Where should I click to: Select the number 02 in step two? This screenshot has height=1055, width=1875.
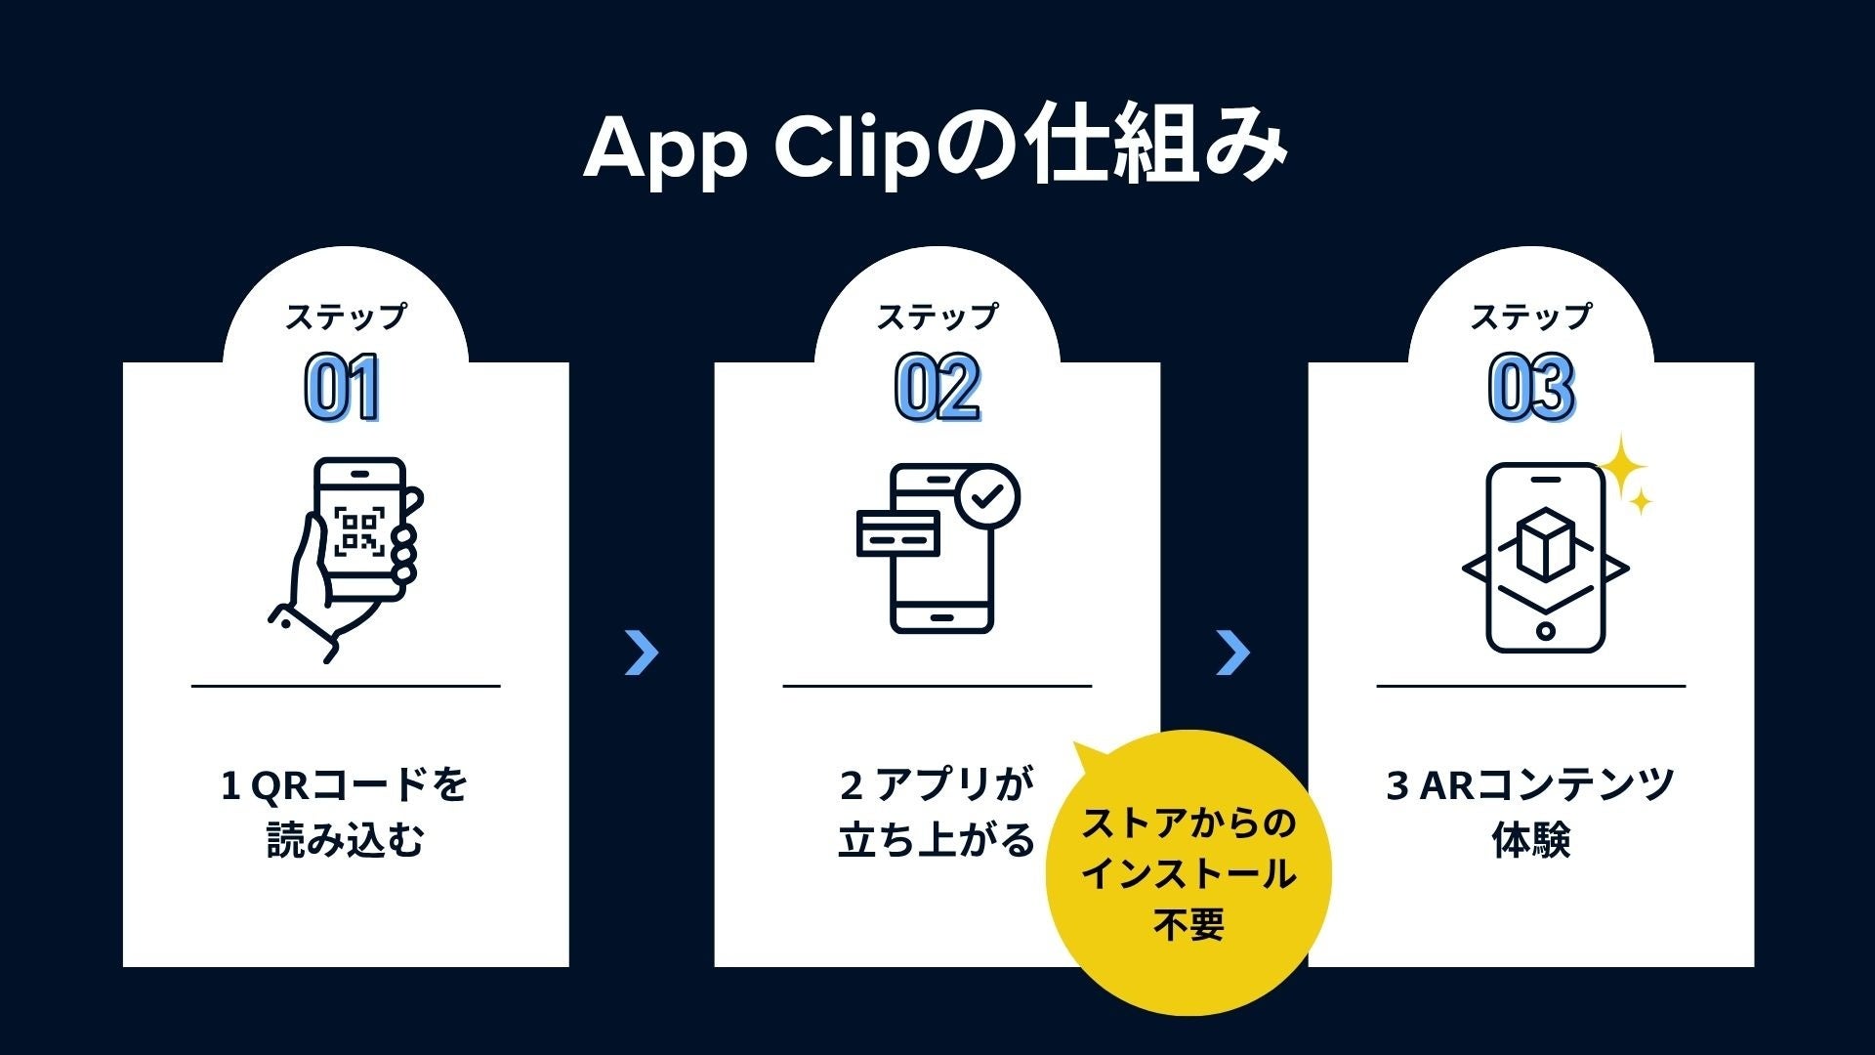pos(937,388)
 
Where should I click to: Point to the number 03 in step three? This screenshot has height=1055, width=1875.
pos(1530,388)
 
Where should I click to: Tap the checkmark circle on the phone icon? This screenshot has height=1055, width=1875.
pos(987,496)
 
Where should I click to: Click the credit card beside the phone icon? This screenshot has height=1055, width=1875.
pos(897,533)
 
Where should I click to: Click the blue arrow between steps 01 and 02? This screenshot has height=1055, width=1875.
pos(642,653)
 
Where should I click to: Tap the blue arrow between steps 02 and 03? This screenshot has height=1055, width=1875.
pos(1232,653)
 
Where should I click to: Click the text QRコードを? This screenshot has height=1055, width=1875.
pos(359,784)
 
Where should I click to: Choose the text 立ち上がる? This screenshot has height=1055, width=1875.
pos(936,840)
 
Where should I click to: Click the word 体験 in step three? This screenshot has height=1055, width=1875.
pos(1530,840)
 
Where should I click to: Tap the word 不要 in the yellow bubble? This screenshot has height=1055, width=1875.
pos(1188,924)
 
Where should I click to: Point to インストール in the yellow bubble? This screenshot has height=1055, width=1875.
pos(1188,873)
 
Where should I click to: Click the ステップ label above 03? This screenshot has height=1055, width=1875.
pos(1530,316)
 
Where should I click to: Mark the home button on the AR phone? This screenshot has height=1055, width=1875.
pos(1545,630)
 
